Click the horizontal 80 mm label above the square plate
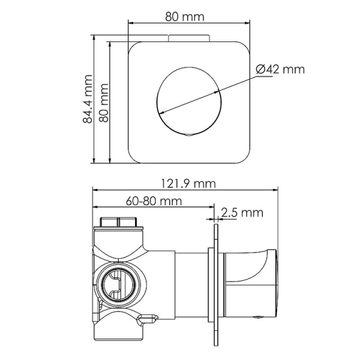coord(184,16)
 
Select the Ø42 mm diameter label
coord(280,70)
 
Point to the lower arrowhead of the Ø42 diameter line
coord(160,113)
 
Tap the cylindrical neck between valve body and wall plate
coord(189,282)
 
